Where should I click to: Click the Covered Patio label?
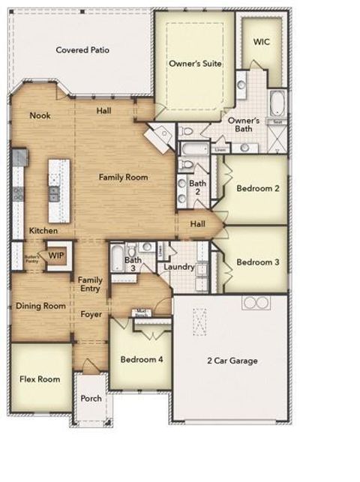[82, 50]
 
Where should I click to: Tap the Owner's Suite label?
[195, 64]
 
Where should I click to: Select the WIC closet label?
[261, 42]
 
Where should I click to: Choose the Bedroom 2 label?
[257, 188]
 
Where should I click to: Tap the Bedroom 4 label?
[142, 360]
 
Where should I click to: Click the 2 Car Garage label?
[232, 361]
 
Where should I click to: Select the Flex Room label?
[39, 379]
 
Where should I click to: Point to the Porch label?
[91, 398]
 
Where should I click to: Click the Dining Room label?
[41, 306]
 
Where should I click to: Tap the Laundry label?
[179, 267]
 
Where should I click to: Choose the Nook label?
[40, 115]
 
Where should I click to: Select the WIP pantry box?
[56, 256]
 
